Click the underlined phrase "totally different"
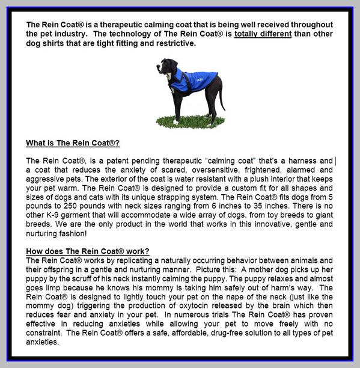[263, 34]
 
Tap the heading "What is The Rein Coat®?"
[73, 143]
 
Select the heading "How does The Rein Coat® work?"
[88, 251]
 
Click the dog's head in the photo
[165, 66]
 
